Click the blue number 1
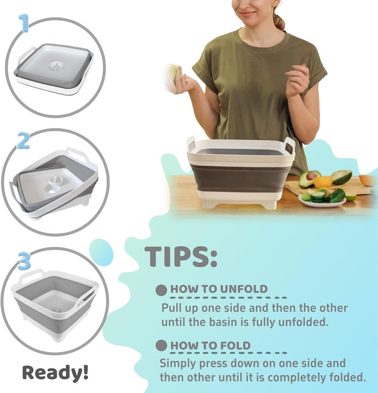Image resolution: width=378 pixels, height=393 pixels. (25, 23)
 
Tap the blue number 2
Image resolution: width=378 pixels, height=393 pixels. (24, 141)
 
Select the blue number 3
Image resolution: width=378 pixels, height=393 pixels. (25, 261)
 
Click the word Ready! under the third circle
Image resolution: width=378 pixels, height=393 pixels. (55, 372)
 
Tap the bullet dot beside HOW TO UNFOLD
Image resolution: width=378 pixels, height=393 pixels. (161, 290)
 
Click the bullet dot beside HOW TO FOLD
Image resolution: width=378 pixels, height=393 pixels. (161, 345)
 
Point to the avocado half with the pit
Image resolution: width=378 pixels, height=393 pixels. (310, 178)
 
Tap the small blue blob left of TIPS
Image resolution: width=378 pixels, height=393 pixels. (101, 252)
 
